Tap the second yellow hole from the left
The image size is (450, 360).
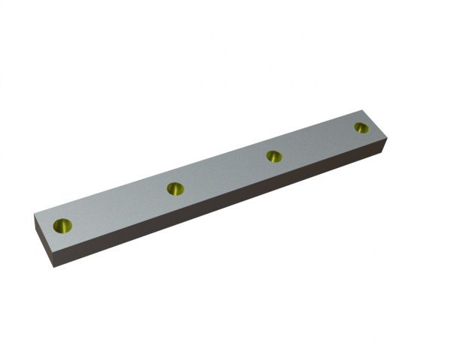[175, 188]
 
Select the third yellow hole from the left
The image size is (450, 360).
[274, 156]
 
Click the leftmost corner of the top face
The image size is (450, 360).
[34, 217]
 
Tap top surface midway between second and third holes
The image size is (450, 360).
[224, 172]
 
